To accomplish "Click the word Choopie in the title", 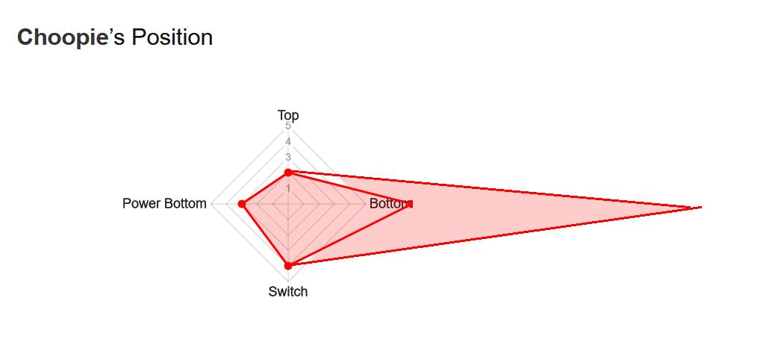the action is tap(63, 37).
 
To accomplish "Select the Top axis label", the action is tap(288, 115).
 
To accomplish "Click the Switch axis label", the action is tap(288, 291).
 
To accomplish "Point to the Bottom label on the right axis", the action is tap(388, 204).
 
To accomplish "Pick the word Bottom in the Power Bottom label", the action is tap(185, 204).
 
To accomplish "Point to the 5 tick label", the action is tap(288, 126).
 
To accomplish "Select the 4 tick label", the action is tap(288, 141).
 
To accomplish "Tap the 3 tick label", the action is tap(288, 157).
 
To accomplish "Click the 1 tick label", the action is tap(288, 188).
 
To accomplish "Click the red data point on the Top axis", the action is tap(288, 173).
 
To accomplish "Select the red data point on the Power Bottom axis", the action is tap(242, 204).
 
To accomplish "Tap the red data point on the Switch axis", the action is tap(288, 265).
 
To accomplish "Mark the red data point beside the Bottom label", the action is tap(410, 204).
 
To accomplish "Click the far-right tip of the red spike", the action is tap(700, 207).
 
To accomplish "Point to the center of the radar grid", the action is tap(288, 204).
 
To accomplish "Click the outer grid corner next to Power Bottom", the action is tap(211, 204).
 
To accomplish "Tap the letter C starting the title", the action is tap(25, 37).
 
